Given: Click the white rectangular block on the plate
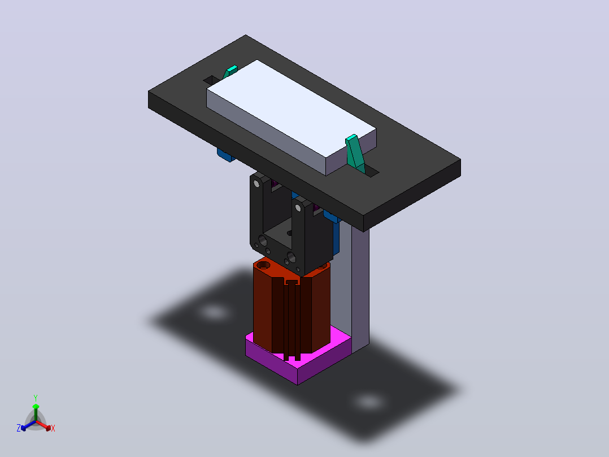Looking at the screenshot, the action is (292, 117).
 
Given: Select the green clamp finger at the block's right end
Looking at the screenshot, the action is (355, 153).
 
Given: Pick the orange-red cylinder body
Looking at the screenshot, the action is (292, 307).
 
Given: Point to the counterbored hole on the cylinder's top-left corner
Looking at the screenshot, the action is (263, 265).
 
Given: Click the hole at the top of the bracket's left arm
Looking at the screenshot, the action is (256, 183).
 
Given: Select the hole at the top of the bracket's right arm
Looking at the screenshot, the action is (298, 208).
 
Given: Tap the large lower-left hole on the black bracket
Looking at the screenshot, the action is (263, 240).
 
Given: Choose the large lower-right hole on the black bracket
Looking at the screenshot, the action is (291, 257).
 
